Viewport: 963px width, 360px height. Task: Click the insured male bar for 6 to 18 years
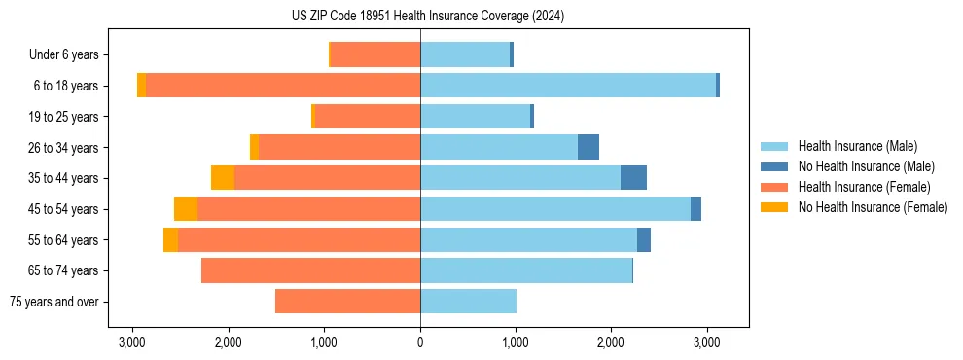[568, 86]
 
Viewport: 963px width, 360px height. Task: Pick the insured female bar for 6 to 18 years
[282, 86]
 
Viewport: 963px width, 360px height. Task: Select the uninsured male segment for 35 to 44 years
[633, 178]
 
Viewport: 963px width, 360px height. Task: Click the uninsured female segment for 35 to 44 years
[223, 178]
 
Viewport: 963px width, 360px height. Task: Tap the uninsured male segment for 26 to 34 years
[588, 147]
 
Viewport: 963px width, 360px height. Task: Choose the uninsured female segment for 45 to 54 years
[186, 209]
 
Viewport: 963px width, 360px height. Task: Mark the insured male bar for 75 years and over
[468, 302]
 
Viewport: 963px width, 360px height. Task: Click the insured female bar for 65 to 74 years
[310, 270]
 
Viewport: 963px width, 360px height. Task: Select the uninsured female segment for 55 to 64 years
[170, 239]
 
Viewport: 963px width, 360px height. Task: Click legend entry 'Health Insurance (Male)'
[857, 146]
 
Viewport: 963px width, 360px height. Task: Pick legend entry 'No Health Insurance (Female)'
[873, 207]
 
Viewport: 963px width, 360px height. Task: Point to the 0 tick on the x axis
[420, 342]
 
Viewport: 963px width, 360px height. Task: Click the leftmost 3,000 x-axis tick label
[132, 342]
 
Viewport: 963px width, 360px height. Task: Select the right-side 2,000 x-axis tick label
[611, 342]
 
